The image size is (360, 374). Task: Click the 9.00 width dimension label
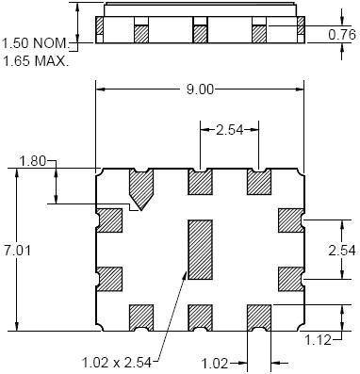tap(200, 89)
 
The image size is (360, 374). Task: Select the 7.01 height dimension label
tap(17, 251)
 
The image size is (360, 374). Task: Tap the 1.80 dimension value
tap(33, 162)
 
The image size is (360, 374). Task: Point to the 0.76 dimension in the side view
tap(342, 34)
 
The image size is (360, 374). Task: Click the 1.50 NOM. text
tap(36, 42)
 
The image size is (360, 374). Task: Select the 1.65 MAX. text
tap(36, 60)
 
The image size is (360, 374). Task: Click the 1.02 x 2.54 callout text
tap(117, 363)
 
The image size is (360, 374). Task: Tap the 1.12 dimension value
tap(319, 339)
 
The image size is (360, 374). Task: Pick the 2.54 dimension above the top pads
tap(230, 130)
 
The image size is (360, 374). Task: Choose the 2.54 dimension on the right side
tap(342, 251)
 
